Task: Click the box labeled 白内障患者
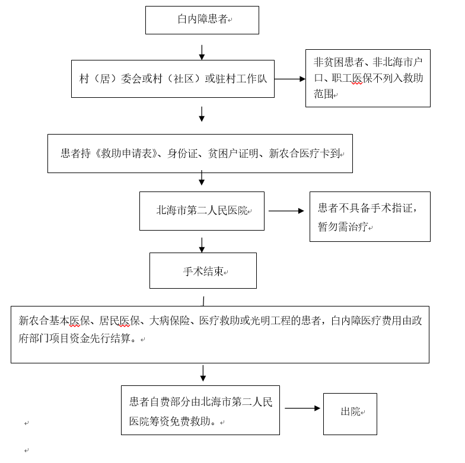click(x=202, y=20)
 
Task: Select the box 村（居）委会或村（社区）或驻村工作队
click(x=173, y=79)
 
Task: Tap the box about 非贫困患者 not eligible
click(x=368, y=78)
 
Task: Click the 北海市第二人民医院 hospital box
click(x=202, y=211)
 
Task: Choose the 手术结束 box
click(x=203, y=271)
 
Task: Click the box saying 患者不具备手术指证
click(x=370, y=216)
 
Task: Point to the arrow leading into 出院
click(x=302, y=408)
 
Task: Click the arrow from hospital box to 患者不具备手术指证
click(x=286, y=210)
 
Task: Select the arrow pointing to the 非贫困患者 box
click(x=289, y=79)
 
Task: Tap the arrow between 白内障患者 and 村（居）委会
click(x=202, y=52)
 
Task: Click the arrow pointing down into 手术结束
click(x=202, y=245)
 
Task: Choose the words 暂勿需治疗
click(x=343, y=227)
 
